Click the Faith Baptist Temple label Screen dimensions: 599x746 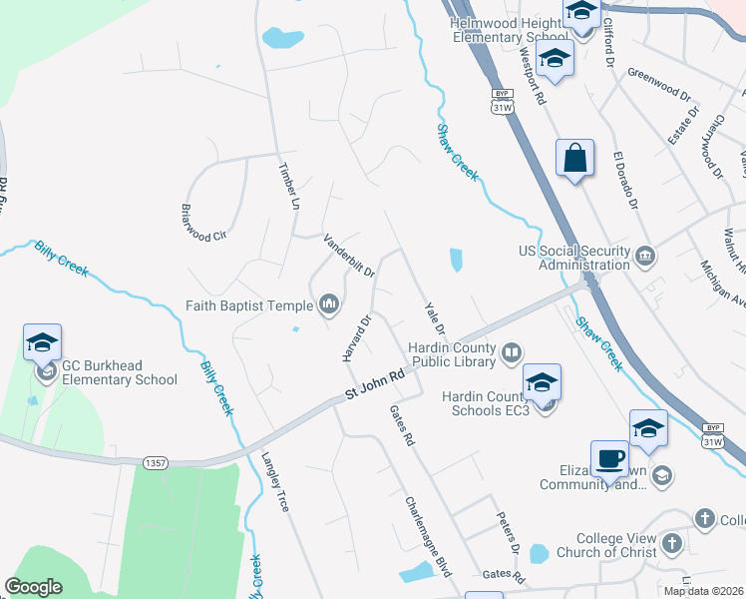click(x=249, y=304)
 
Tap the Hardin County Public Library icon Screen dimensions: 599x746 click(x=512, y=351)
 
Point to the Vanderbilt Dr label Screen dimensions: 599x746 click(x=348, y=256)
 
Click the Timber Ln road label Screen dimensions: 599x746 click(x=286, y=185)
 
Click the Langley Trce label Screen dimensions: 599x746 click(x=275, y=483)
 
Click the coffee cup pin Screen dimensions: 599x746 click(x=609, y=459)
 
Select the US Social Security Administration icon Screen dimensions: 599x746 click(x=645, y=257)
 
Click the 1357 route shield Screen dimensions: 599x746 click(x=155, y=462)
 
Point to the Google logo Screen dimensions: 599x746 click(x=34, y=587)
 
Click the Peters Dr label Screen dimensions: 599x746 click(x=509, y=535)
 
